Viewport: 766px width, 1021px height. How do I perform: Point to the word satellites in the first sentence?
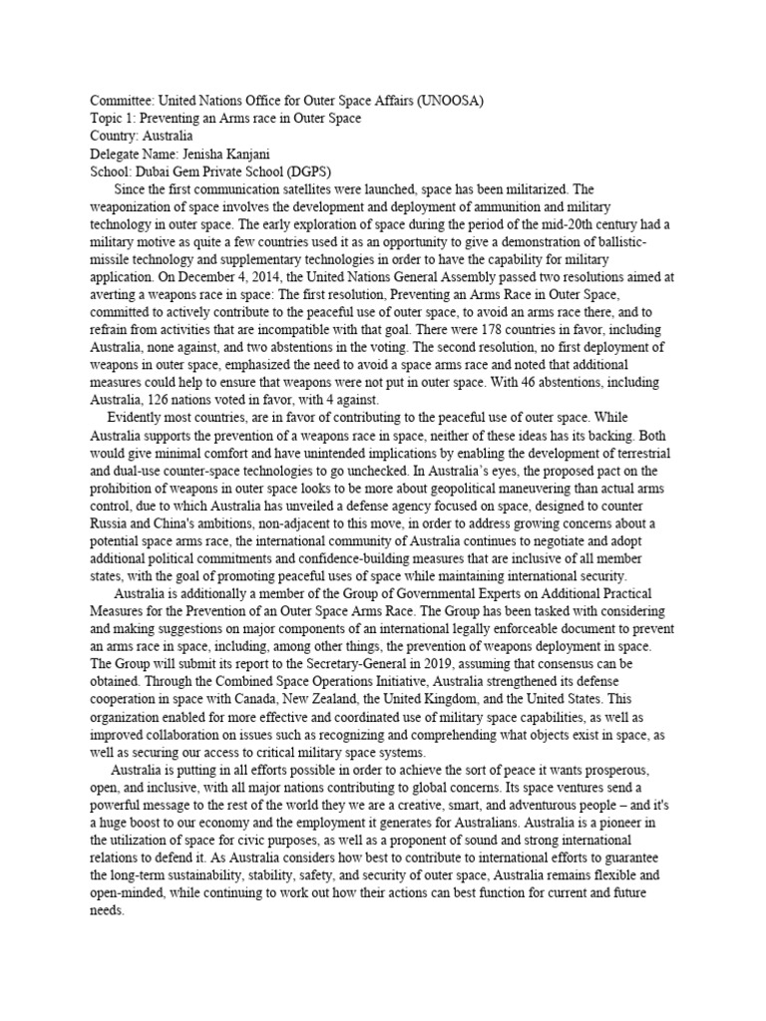[x=311, y=187]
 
